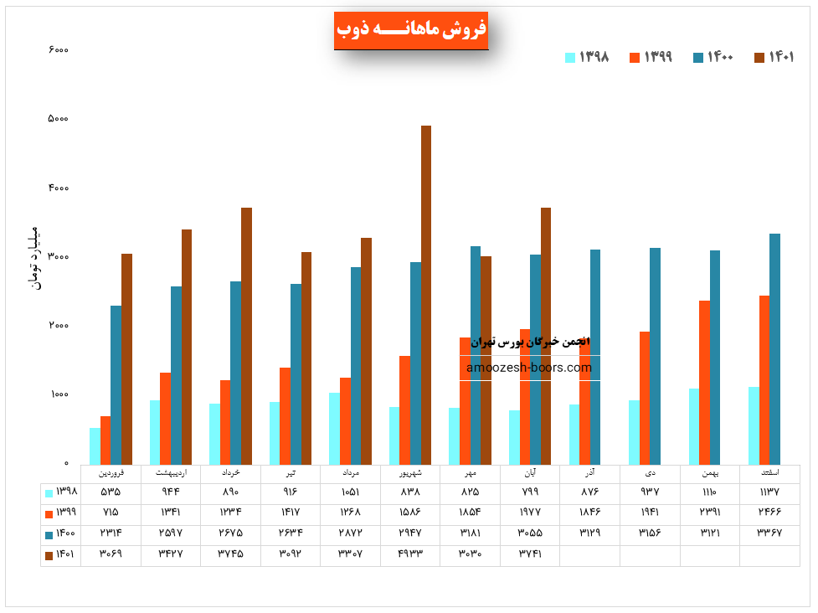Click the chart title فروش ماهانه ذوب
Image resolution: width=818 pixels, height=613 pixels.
tap(411, 30)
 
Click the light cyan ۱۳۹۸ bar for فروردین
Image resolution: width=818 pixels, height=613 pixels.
tap(95, 446)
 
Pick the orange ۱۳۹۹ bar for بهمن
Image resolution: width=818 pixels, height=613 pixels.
tap(704, 383)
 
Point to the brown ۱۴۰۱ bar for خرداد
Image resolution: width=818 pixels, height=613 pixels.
tap(246, 336)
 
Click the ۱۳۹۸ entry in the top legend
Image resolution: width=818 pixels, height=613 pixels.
tap(587, 57)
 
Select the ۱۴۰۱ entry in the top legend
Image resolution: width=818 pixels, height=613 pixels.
tap(774, 57)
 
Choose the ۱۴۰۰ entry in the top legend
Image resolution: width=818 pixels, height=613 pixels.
tap(713, 57)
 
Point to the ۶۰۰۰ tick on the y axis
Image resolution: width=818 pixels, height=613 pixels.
tap(59, 49)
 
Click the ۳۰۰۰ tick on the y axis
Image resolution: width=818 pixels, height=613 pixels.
tap(59, 257)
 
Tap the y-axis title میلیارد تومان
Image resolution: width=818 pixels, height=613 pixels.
tap(34, 257)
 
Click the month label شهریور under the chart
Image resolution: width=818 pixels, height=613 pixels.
tap(410, 473)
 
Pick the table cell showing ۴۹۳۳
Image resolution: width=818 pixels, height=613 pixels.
tap(409, 554)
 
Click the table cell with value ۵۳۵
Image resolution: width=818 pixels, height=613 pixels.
tap(111, 492)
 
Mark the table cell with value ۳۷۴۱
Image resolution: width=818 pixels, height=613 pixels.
tap(529, 554)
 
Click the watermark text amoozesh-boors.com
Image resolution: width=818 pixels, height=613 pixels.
tap(529, 368)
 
